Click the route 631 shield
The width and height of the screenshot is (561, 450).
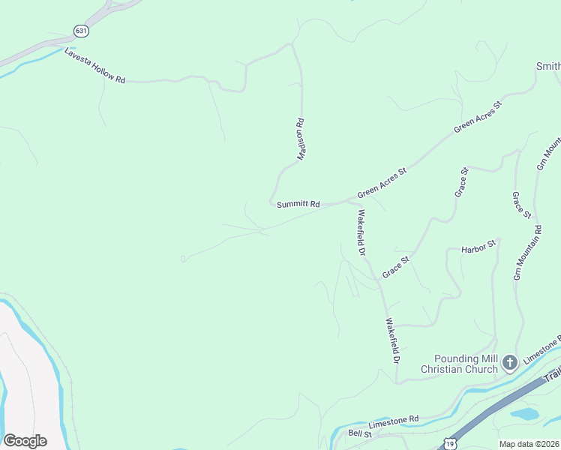click(x=81, y=31)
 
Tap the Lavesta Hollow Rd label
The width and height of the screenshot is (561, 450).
click(x=94, y=67)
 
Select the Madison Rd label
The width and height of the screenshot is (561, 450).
click(x=301, y=139)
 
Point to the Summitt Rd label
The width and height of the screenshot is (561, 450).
click(x=298, y=204)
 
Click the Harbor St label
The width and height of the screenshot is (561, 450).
click(x=478, y=246)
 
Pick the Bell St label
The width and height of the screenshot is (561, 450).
click(x=360, y=433)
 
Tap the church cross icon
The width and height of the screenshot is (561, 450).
click(x=509, y=364)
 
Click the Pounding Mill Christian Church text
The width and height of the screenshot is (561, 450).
click(x=459, y=364)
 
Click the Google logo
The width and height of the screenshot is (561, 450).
click(x=25, y=440)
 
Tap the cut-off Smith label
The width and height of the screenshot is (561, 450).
click(x=548, y=67)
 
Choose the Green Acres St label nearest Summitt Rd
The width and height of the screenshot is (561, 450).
click(x=382, y=182)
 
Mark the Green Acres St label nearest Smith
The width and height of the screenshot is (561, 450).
click(x=477, y=117)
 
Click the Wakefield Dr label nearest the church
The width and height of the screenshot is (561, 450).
click(x=392, y=341)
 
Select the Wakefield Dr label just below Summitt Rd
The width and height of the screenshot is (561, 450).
click(x=361, y=232)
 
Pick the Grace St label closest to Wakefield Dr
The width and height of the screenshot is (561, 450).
click(x=395, y=267)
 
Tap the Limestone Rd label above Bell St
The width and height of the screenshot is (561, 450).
click(x=393, y=422)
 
